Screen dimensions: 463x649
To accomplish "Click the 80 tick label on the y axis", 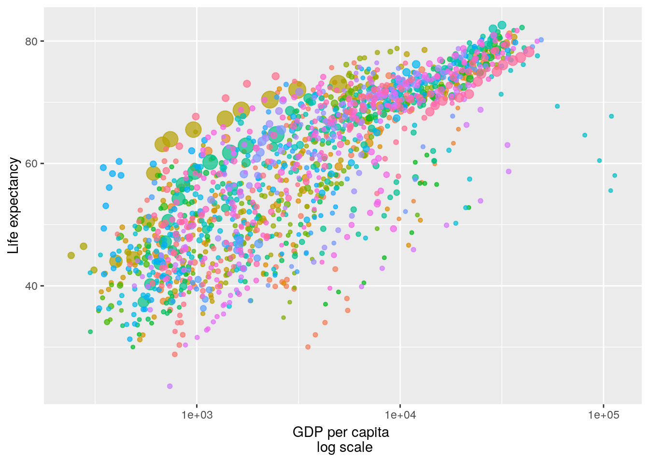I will coord(31,41).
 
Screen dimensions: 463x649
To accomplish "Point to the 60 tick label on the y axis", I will coord(31,163).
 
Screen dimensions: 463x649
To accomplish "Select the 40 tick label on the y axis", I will coord(31,286).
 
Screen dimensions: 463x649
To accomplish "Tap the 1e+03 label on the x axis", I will coord(197,415).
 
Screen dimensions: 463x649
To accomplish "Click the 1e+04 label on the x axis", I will coord(400,415).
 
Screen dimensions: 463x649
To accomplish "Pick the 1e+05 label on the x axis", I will coord(603,415).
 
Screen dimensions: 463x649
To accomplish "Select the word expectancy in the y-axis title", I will coord(14,193).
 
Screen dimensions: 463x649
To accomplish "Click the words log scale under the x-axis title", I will coord(344,448).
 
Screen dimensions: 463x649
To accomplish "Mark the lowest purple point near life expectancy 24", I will coord(169,386).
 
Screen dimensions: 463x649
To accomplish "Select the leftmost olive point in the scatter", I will coord(71,256).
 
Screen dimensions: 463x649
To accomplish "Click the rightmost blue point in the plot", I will coord(615,176).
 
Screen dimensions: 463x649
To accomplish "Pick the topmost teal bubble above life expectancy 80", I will coord(502,25).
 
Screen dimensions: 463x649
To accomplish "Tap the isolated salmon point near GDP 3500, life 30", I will coord(308,347).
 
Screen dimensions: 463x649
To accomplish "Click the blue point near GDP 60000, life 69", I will coord(557,106).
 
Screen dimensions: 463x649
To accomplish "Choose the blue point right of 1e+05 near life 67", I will coord(611,116).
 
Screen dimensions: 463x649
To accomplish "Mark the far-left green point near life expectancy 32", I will coord(90,332).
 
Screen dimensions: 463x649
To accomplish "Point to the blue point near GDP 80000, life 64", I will coord(585,135).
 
